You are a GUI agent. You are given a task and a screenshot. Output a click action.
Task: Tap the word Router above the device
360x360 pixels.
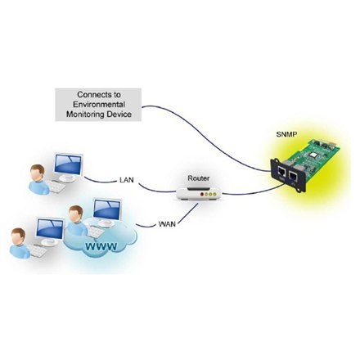pos(199,178)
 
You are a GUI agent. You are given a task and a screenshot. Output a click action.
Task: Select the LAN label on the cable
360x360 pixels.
pos(128,178)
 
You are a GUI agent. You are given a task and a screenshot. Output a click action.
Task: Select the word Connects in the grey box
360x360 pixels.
pos(84,94)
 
